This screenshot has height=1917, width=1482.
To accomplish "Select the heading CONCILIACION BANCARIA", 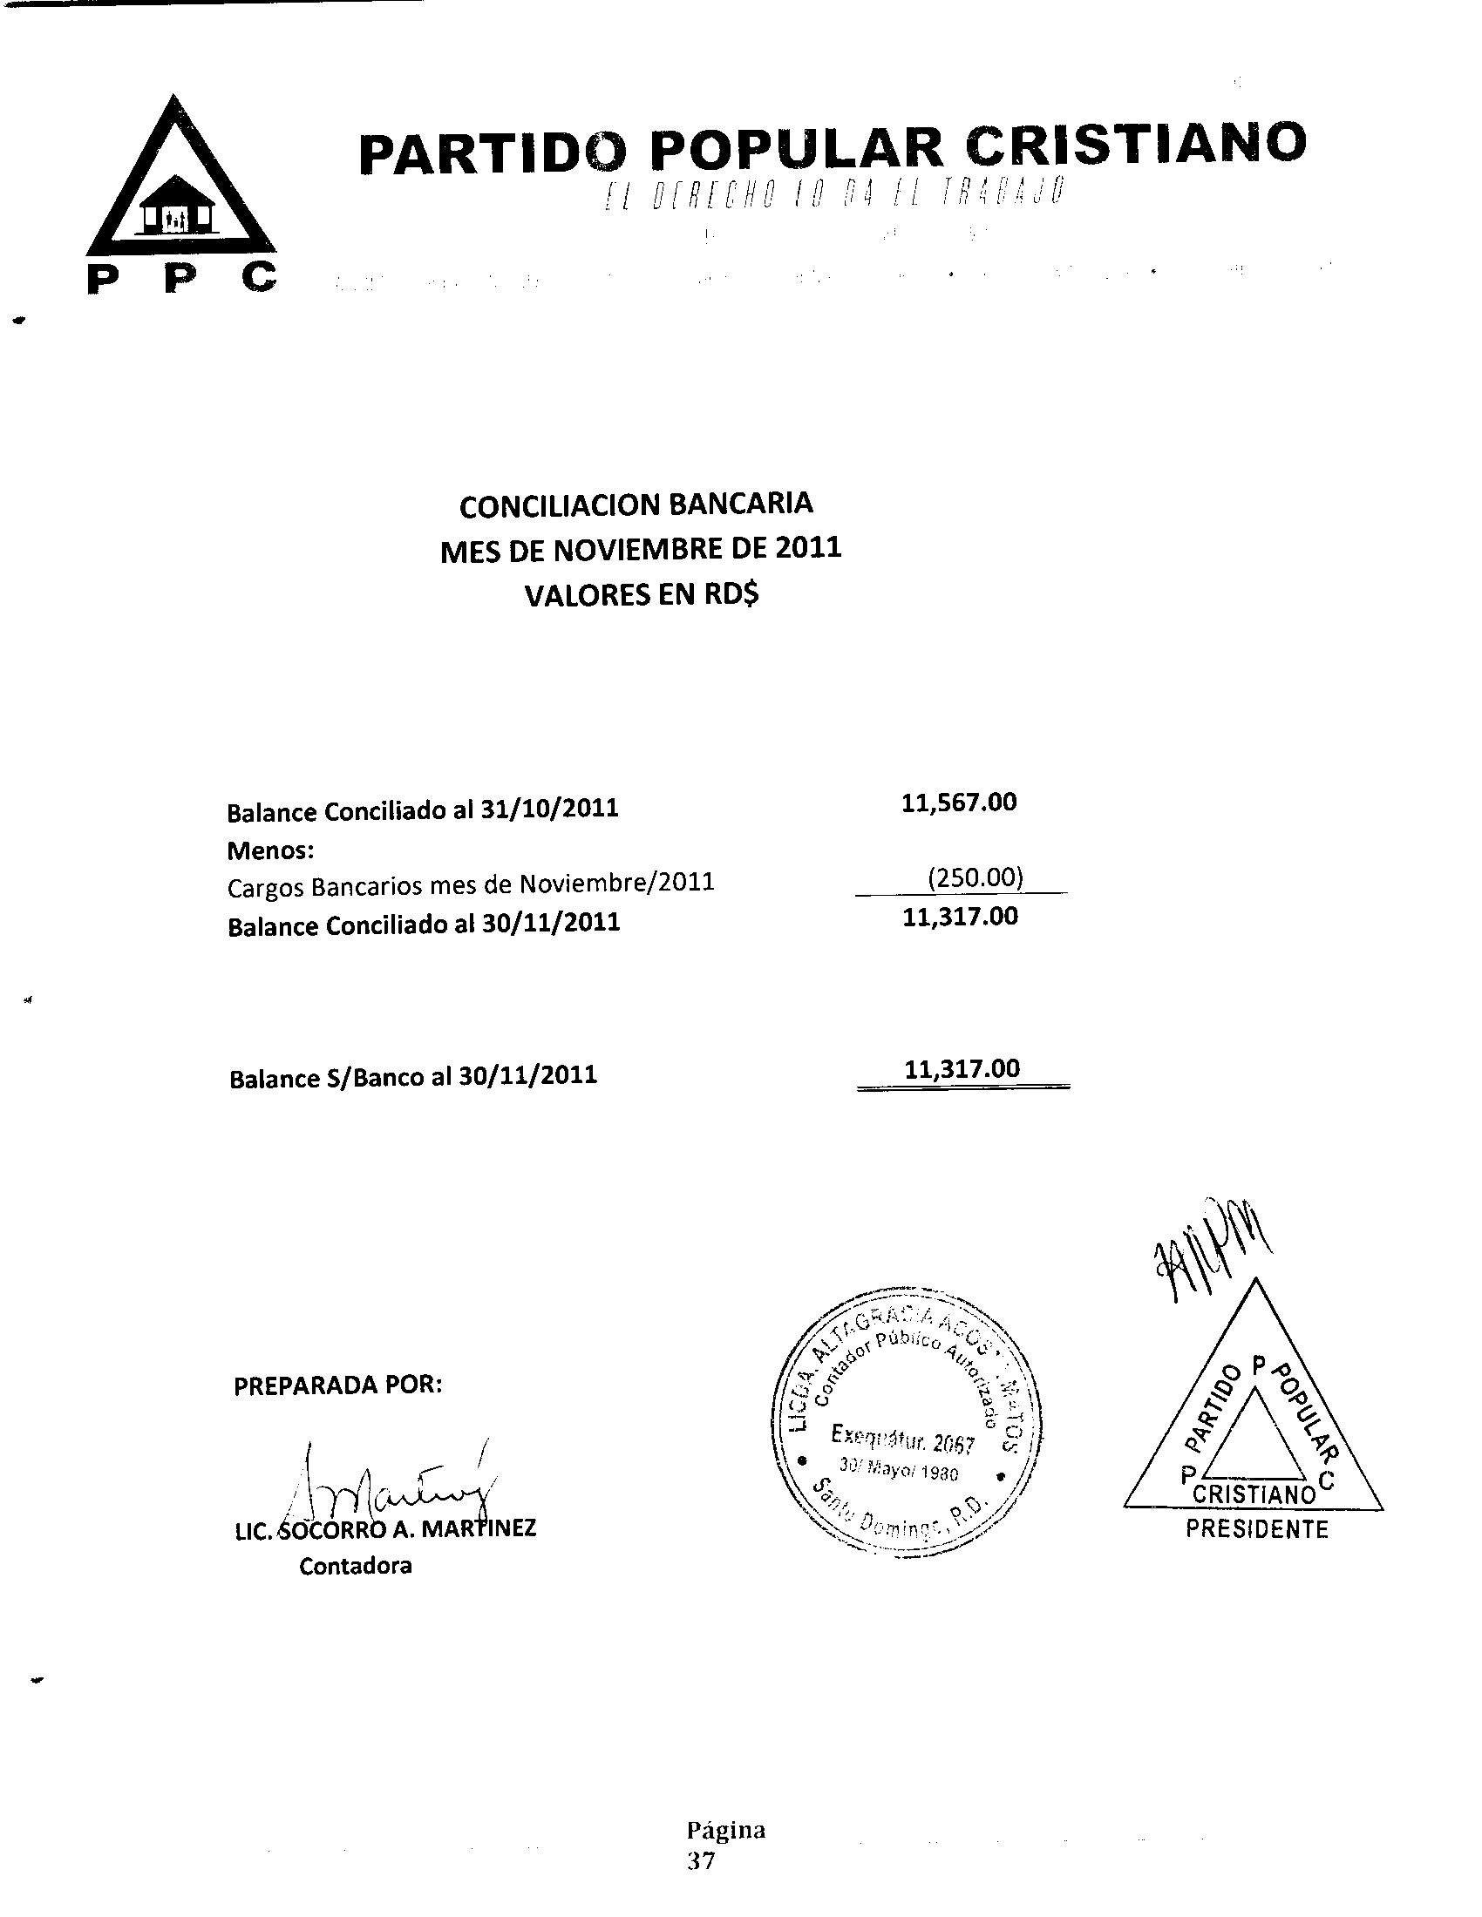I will (636, 505).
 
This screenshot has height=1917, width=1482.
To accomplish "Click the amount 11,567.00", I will (959, 803).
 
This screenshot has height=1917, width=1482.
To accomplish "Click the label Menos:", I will (269, 850).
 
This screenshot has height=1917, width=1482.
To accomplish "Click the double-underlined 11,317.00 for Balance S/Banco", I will (962, 1068).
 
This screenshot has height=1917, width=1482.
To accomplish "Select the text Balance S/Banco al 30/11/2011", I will (412, 1076).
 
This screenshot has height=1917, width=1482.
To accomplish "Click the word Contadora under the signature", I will (355, 1565).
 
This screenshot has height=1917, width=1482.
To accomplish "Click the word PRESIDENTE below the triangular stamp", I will (1256, 1529).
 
